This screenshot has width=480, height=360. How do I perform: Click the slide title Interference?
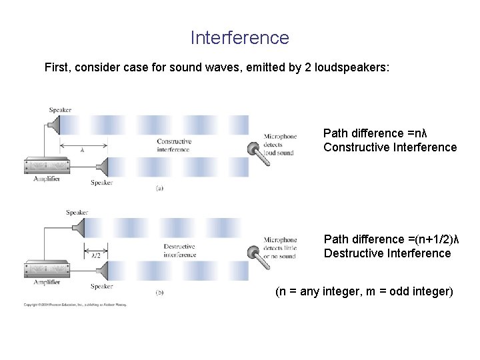(x=239, y=38)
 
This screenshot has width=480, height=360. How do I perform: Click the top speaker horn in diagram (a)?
(x=54, y=124)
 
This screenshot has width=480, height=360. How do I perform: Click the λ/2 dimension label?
(x=95, y=254)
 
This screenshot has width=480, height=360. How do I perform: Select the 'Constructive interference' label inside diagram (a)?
(x=173, y=145)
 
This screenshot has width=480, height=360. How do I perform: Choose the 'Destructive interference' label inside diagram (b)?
(x=179, y=250)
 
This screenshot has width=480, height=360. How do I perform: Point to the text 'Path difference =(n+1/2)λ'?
(x=392, y=239)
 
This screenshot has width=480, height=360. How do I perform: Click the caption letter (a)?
(x=159, y=189)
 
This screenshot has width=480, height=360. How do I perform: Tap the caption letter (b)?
(x=159, y=293)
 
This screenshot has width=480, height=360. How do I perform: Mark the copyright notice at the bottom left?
(x=75, y=305)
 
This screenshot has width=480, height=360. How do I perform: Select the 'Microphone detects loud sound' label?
(x=281, y=145)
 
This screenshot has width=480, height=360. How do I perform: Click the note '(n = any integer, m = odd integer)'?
(x=364, y=292)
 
